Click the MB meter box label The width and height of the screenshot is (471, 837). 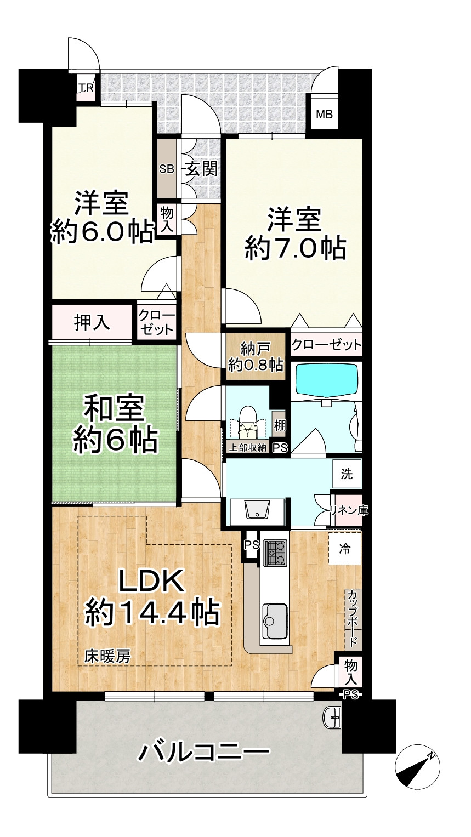click(324, 115)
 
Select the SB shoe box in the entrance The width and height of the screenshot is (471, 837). click(166, 169)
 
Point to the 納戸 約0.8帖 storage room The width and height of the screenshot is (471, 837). click(256, 357)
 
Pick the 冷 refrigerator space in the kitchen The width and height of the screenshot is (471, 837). click(345, 548)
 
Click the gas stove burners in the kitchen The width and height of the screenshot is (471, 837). click(275, 553)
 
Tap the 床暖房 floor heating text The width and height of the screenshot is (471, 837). click(107, 656)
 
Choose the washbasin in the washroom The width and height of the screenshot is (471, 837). click(257, 510)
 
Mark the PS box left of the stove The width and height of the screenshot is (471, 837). click(251, 545)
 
